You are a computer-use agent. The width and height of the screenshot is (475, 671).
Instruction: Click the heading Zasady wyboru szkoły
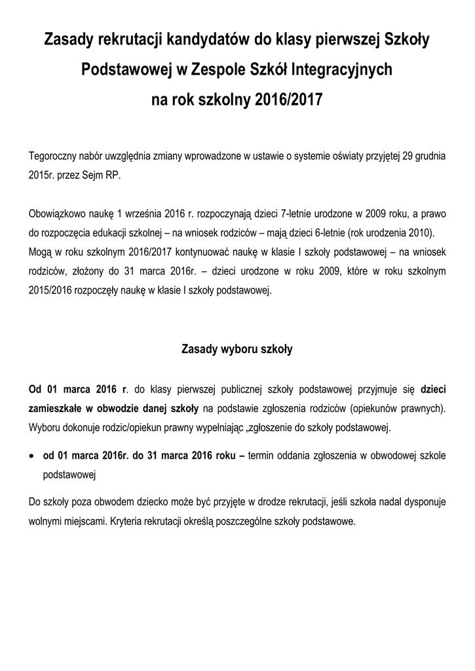[237, 349]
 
